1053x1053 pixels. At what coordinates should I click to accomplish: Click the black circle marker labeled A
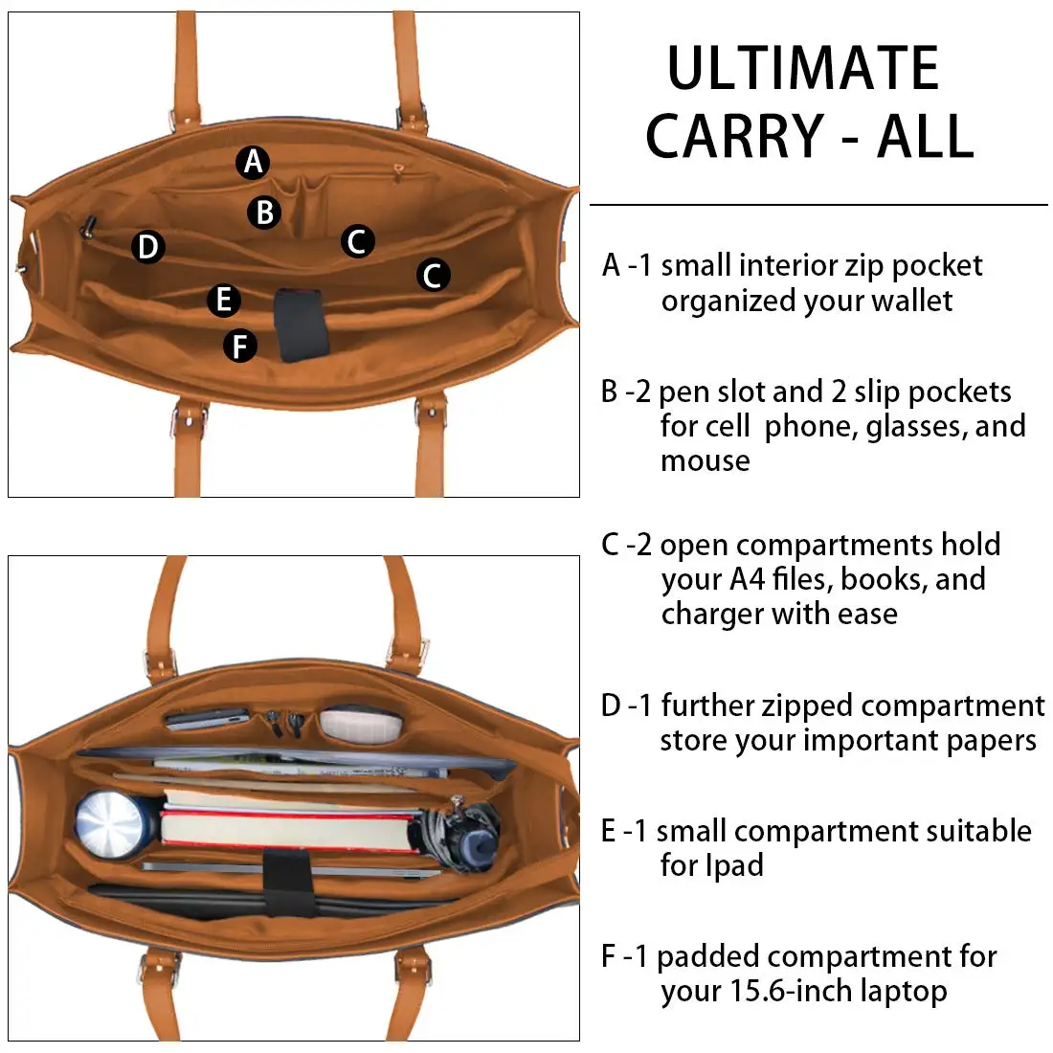(x=253, y=162)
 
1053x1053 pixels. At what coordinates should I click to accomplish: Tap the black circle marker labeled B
(x=265, y=212)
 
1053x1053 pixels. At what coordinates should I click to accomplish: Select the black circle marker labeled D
(x=147, y=247)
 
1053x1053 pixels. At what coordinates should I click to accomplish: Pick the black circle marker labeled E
(x=224, y=300)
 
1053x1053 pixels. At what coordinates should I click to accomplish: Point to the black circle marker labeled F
(x=240, y=346)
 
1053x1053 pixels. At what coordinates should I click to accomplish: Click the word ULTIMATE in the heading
(x=803, y=69)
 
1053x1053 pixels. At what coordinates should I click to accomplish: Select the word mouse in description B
(x=705, y=460)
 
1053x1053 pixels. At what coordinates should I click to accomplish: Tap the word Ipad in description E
(x=711, y=865)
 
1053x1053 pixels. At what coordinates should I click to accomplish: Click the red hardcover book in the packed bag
(x=287, y=828)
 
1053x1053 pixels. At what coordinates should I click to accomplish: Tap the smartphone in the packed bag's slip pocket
(x=206, y=717)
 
